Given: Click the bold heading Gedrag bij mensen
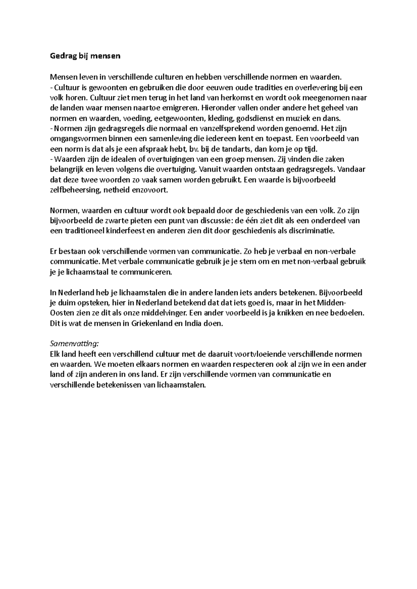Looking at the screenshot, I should [85, 56].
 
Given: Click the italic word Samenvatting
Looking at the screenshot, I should [74, 344].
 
